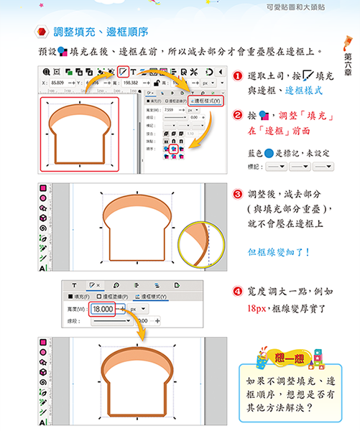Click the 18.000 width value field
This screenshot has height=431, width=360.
tap(103, 308)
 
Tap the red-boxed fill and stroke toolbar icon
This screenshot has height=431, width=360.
tap(124, 71)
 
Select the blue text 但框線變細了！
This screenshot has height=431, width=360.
tap(278, 253)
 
